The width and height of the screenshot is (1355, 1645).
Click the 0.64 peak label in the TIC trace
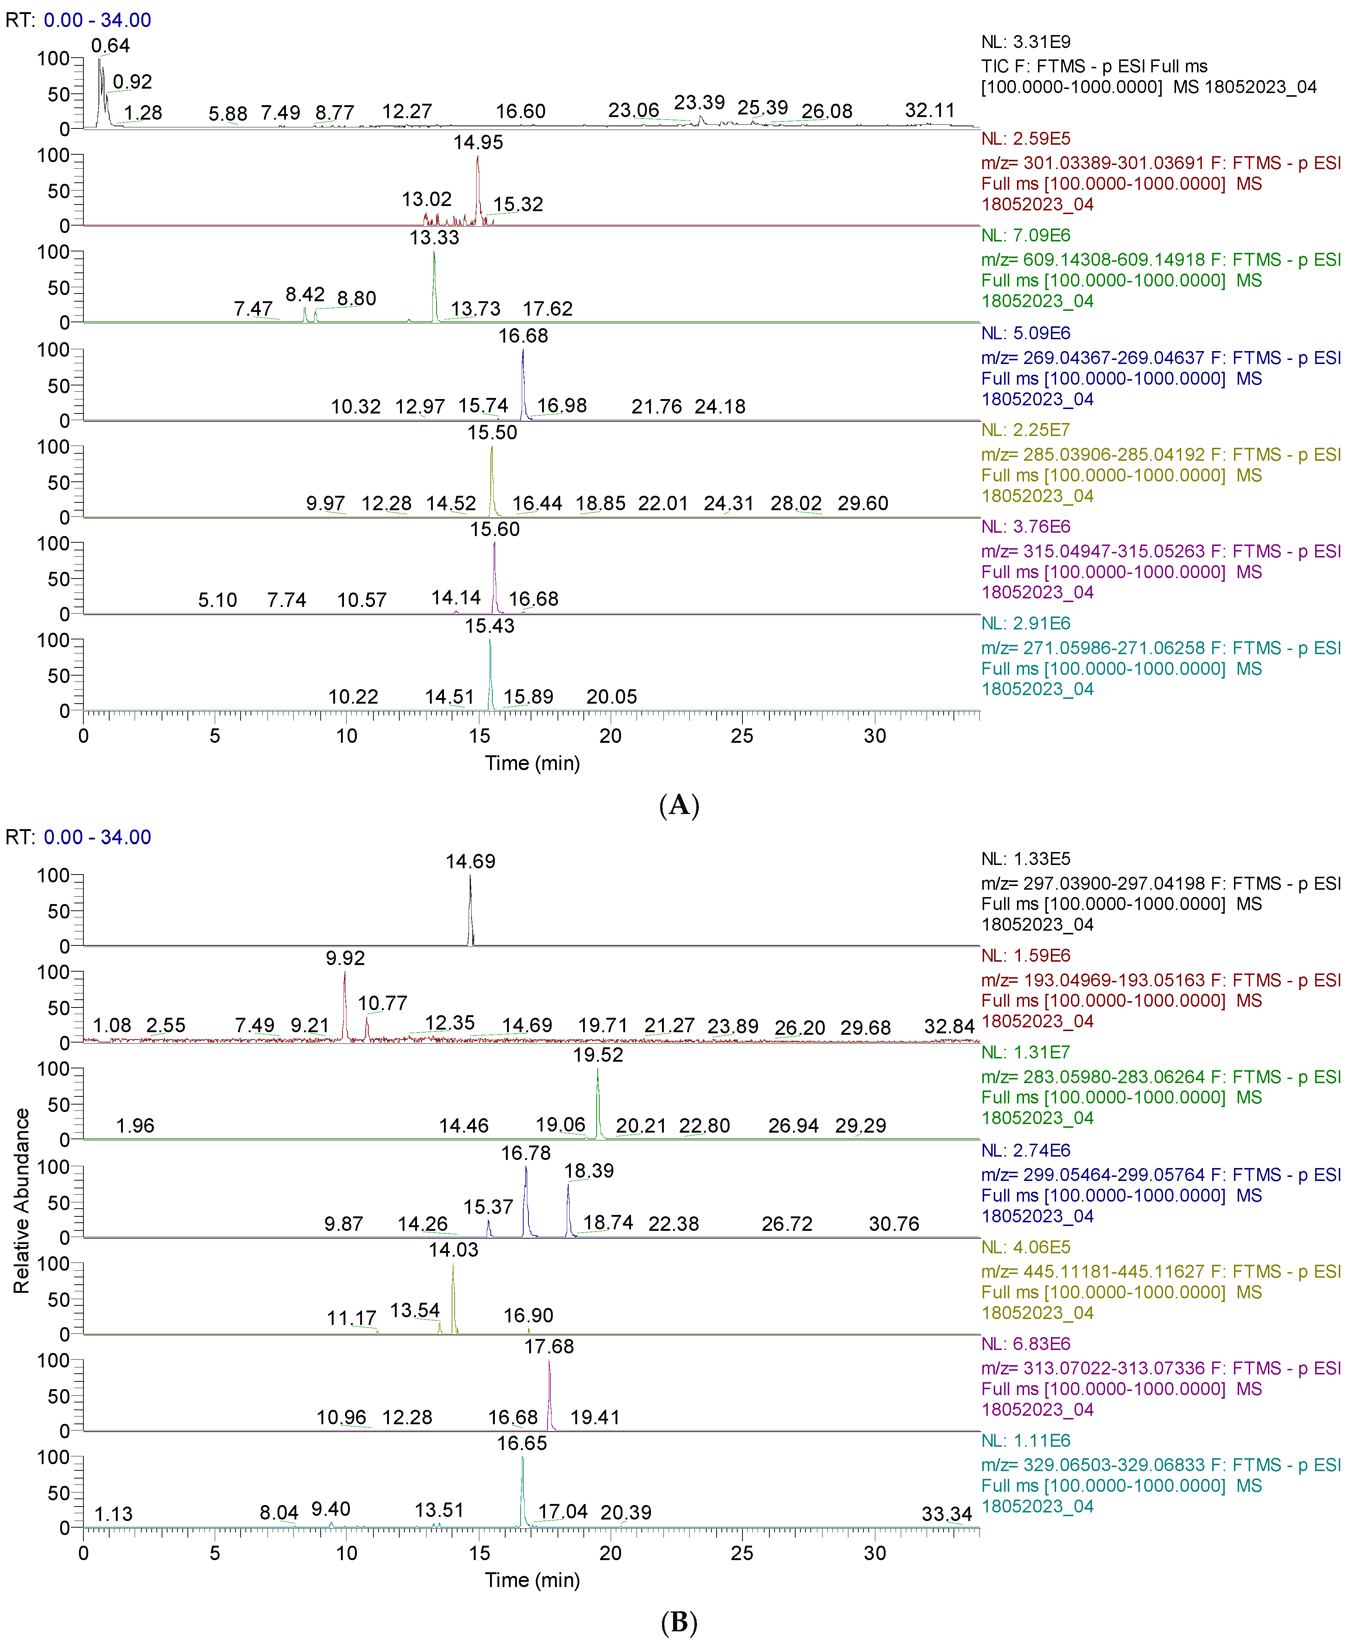coord(110,46)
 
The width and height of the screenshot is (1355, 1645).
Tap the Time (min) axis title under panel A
coord(532,763)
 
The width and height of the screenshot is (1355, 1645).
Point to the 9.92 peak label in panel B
coord(345,958)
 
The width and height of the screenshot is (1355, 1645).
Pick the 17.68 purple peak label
coord(549,1347)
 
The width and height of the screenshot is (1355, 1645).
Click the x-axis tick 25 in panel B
coord(741,1553)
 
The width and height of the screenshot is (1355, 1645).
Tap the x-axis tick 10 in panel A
coord(346,736)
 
